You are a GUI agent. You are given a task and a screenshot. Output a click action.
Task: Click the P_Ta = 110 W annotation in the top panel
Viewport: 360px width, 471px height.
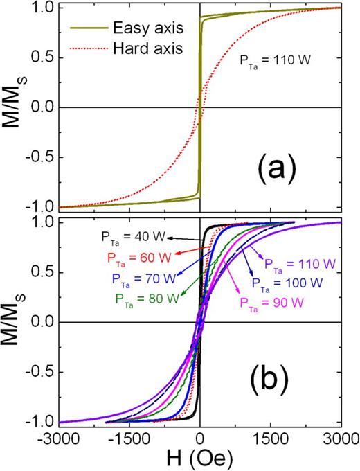point(273,69)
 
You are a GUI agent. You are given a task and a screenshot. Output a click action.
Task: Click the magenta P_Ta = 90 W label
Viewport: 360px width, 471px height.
point(269,302)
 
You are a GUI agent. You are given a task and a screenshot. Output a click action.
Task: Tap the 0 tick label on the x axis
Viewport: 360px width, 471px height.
point(199,440)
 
